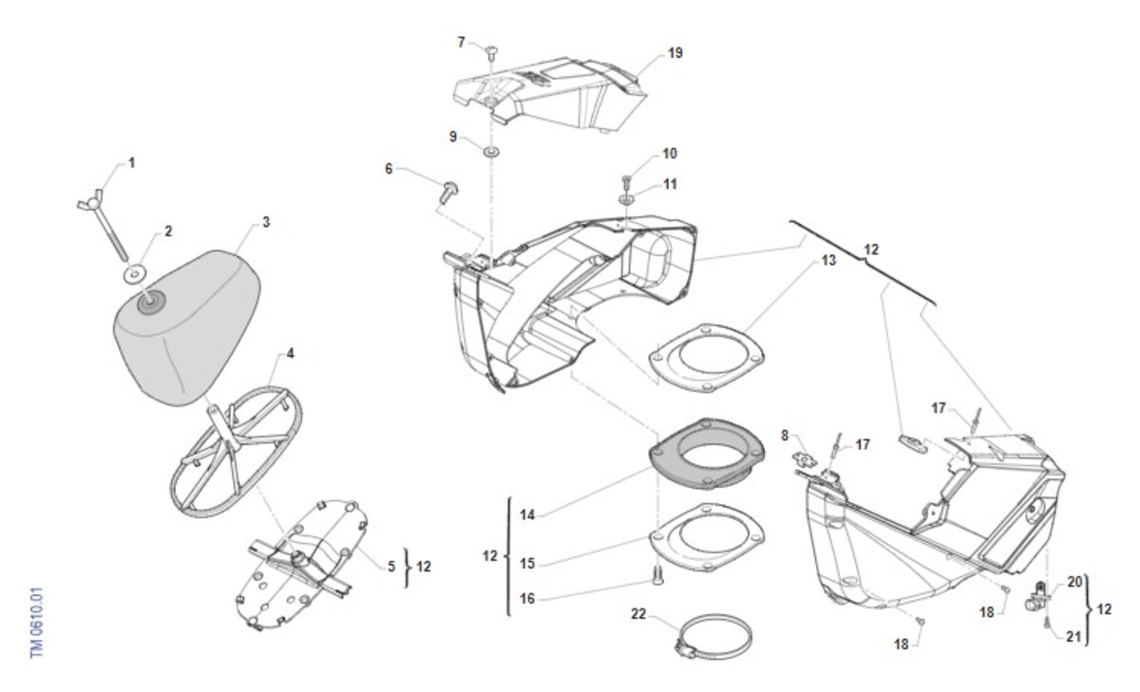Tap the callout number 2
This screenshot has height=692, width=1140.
(168, 231)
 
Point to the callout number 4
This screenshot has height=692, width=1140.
(290, 354)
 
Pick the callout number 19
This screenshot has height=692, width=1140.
(675, 53)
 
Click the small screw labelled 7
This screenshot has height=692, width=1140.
(492, 51)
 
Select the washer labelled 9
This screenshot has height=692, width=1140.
(492, 152)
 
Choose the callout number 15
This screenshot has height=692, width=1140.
(528, 564)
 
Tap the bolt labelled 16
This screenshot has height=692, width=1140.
(655, 572)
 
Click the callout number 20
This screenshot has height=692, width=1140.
(1074, 583)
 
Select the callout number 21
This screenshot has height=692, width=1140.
(1073, 637)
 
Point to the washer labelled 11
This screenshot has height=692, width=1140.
(627, 199)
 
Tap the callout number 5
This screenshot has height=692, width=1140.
(390, 567)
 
